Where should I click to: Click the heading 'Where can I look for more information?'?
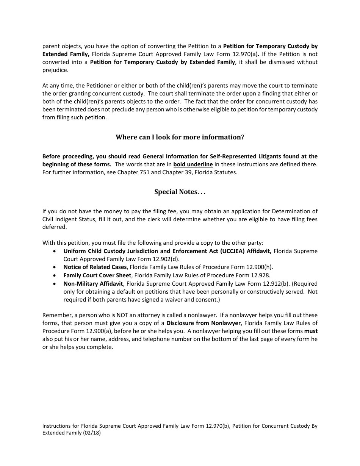pos(180,137)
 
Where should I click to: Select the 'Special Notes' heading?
pos(180,192)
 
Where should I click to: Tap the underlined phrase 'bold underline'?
pos(193,164)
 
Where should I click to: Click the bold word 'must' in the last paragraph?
pos(311,331)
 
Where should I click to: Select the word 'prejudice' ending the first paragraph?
pos(54,70)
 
